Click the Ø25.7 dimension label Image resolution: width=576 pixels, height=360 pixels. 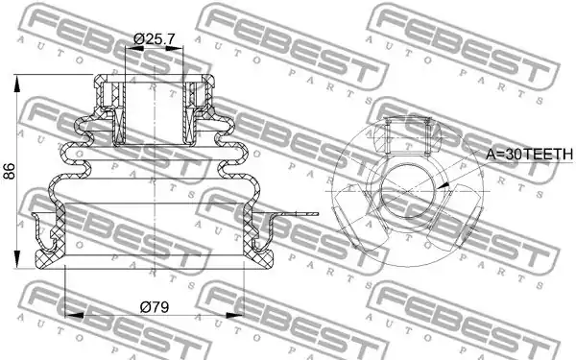click(154, 38)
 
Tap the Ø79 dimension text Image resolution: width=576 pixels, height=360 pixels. click(155, 307)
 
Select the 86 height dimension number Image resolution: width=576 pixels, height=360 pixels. click(10, 171)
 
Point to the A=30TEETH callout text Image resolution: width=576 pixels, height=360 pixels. click(529, 155)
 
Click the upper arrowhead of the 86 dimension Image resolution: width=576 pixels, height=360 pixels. click(17, 84)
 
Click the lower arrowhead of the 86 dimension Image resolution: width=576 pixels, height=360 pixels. click(17, 259)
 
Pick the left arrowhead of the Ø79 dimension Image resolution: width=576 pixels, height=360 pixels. click(74, 315)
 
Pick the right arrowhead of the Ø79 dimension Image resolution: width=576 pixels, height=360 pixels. click(235, 315)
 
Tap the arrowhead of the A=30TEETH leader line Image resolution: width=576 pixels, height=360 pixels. click(444, 186)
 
